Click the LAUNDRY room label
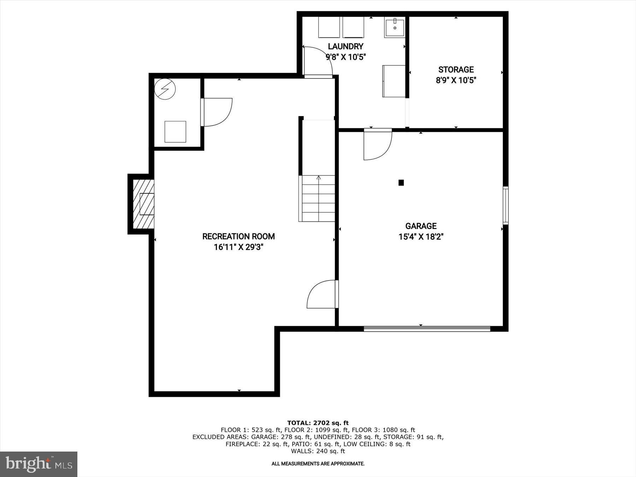tap(345, 46)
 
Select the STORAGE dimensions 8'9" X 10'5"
tap(456, 80)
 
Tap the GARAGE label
tap(421, 226)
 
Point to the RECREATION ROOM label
tap(238, 236)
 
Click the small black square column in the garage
tap(401, 183)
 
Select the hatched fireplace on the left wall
tap(143, 204)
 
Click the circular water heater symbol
tap(165, 88)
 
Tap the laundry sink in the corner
tap(394, 27)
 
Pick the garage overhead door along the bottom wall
tap(427, 329)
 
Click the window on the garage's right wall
tap(505, 205)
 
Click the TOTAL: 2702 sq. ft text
tap(318, 423)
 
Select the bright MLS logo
tap(39, 464)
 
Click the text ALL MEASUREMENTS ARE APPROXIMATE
tap(318, 464)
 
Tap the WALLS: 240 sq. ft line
tap(318, 451)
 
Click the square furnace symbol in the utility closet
tap(175, 132)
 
